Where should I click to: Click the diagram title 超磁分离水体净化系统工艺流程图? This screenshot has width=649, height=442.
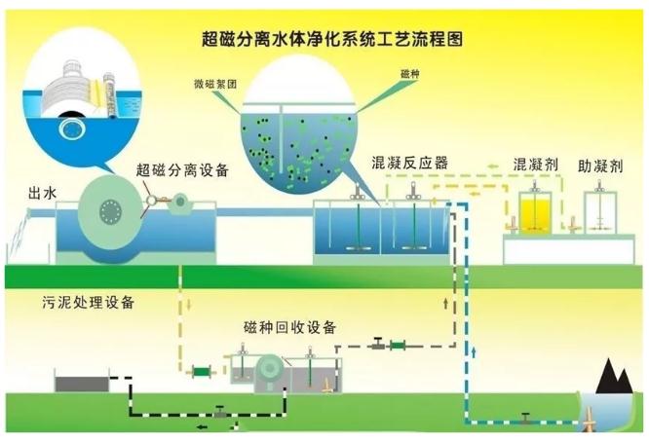[326, 40]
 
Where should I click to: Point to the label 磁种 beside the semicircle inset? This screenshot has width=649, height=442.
[409, 74]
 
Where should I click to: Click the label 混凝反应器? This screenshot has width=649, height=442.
[409, 163]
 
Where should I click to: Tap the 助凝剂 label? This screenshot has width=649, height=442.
[598, 163]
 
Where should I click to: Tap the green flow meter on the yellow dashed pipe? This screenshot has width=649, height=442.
[201, 371]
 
